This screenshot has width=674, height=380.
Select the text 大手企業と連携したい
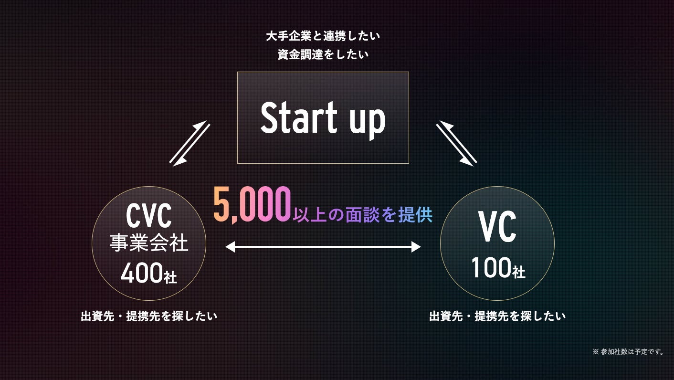coord(323,36)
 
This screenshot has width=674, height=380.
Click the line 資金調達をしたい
coord(323,55)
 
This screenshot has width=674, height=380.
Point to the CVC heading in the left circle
coord(148,216)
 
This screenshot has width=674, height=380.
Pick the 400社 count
coord(148,274)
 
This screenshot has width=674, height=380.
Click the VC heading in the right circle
coord(497,228)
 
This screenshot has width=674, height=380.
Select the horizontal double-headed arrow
coord(323,247)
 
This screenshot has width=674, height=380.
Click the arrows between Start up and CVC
coord(190,143)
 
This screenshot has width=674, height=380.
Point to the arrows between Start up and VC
coord(457,143)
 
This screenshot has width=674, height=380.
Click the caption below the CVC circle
coord(149,316)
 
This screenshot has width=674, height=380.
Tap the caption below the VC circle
coord(497,316)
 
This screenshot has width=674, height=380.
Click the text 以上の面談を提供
coord(363,215)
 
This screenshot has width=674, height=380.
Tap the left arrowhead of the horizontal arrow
coord(230,247)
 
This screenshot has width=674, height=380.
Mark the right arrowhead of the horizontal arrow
coord(416,247)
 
